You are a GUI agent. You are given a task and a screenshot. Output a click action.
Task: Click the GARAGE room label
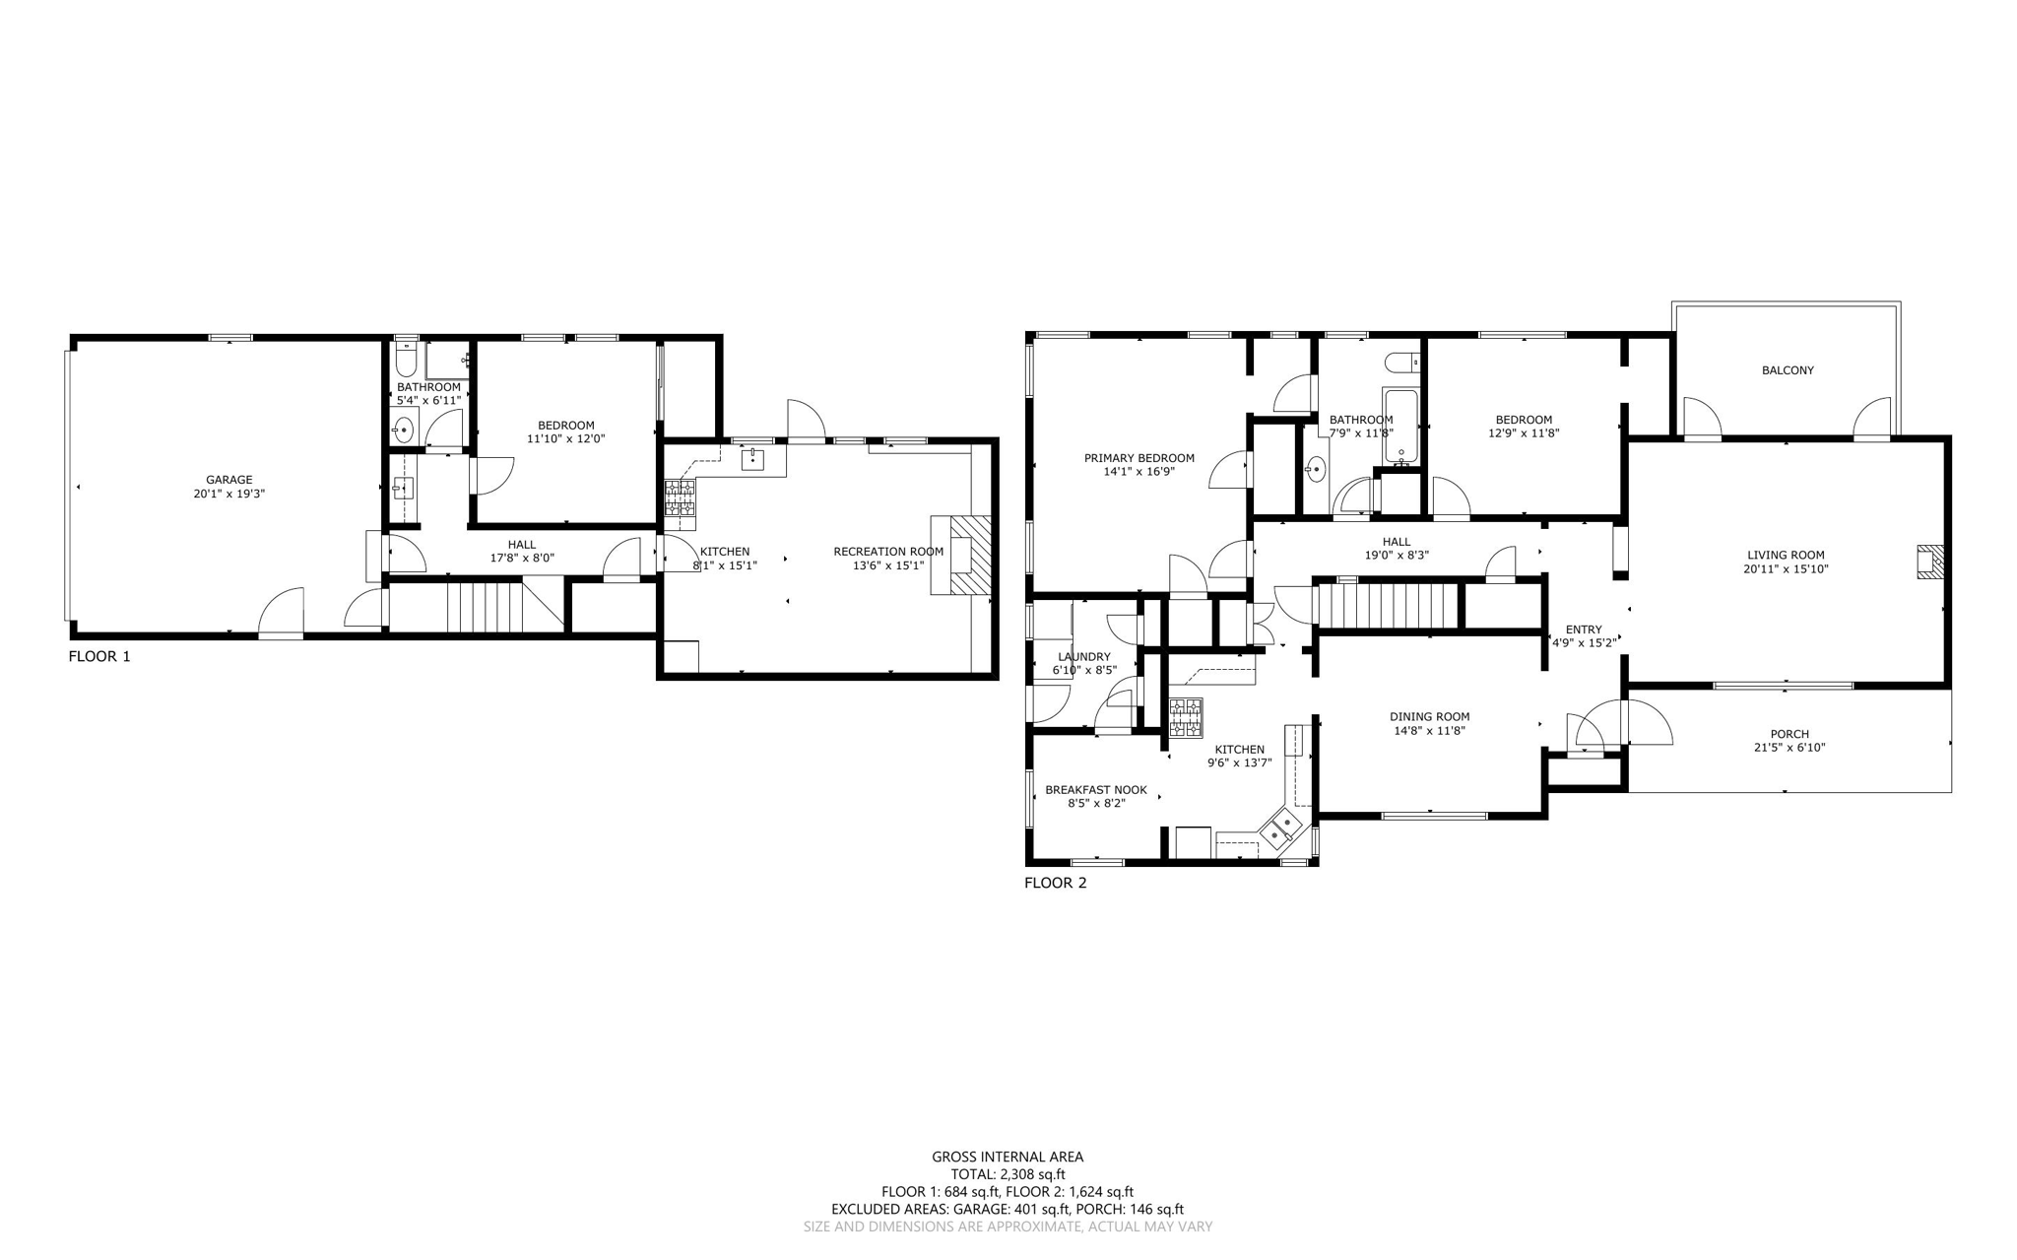tap(228, 480)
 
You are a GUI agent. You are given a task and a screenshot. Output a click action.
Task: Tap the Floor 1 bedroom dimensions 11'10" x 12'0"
tap(565, 439)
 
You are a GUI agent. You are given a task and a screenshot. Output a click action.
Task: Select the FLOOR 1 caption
tap(98, 656)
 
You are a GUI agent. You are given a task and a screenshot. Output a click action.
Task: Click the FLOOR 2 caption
tap(1055, 883)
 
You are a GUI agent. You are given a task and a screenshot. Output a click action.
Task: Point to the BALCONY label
tap(1787, 370)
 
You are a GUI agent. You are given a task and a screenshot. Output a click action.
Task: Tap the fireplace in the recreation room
tap(963, 555)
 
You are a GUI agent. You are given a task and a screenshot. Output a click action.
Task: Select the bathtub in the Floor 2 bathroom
tap(1400, 427)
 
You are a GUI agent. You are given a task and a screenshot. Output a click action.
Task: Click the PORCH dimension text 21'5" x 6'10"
tap(1789, 748)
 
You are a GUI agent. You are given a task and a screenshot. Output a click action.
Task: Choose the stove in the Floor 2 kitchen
tap(1186, 718)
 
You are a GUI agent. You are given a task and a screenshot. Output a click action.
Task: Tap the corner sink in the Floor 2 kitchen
tap(1281, 827)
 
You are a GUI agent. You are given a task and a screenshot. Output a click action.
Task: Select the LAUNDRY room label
tap(1083, 657)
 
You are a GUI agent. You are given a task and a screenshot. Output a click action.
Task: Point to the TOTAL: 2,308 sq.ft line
tap(1008, 1174)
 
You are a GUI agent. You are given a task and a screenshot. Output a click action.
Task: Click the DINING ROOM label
tap(1429, 717)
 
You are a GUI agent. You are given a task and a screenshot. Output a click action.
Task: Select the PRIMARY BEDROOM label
tap(1139, 458)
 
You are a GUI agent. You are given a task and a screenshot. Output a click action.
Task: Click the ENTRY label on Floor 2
tap(1583, 630)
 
